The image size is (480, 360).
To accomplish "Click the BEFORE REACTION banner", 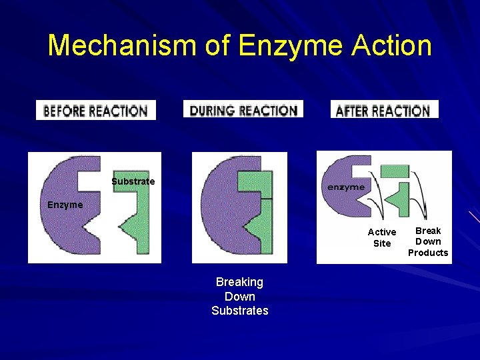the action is pyautogui.click(x=95, y=110).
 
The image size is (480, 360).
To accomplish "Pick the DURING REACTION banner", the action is pyautogui.click(x=243, y=109).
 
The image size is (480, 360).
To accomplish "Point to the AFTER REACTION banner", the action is pyautogui.click(x=384, y=109).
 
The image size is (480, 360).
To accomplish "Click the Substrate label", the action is pyautogui.click(x=133, y=181).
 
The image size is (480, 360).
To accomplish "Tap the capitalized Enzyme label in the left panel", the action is pyautogui.click(x=65, y=205).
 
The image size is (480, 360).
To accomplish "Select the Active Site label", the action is pyautogui.click(x=382, y=237).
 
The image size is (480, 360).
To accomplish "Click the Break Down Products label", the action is pyautogui.click(x=428, y=241).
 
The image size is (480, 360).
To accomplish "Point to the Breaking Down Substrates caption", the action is pyautogui.click(x=240, y=296).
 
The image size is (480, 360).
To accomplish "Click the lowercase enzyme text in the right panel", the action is pyautogui.click(x=346, y=187).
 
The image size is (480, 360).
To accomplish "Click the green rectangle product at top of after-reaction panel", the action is pyautogui.click(x=393, y=171).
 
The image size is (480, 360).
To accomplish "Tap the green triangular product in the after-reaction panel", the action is pyautogui.click(x=400, y=198).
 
